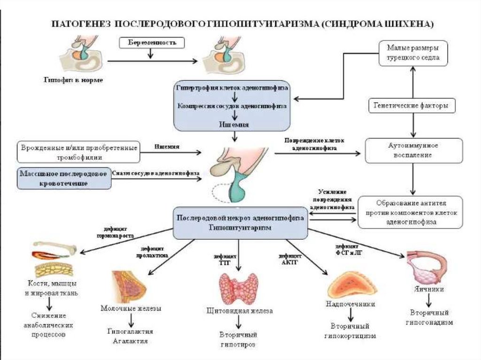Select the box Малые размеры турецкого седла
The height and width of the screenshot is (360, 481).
[413, 53]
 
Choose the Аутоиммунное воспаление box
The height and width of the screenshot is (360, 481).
[413, 150]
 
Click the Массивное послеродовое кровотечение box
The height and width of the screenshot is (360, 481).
[64, 178]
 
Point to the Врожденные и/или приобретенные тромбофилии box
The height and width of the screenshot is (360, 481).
[78, 152]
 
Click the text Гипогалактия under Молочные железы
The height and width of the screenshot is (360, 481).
[130, 331]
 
